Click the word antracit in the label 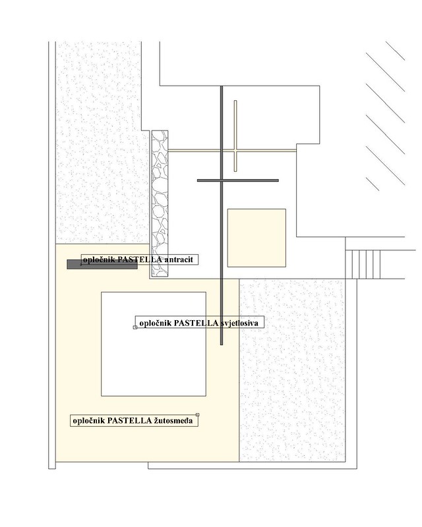coord(179,260)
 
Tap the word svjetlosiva coord(239,323)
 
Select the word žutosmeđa coord(173,420)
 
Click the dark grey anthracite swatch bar coord(102,264)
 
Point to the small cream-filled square coord(256,238)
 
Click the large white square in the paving coord(154,344)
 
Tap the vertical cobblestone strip coord(160,204)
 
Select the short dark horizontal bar coord(238,180)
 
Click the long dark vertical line coord(222,215)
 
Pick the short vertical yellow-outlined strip coord(235,136)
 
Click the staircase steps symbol coord(363,264)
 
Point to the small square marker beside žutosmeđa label coord(198,415)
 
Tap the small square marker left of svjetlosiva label coord(135,327)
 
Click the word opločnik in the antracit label coord(99,260)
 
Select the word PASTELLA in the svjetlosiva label coord(196,323)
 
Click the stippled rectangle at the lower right coord(293,370)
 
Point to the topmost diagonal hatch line coord(395,51)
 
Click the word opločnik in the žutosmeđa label coord(89,420)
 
